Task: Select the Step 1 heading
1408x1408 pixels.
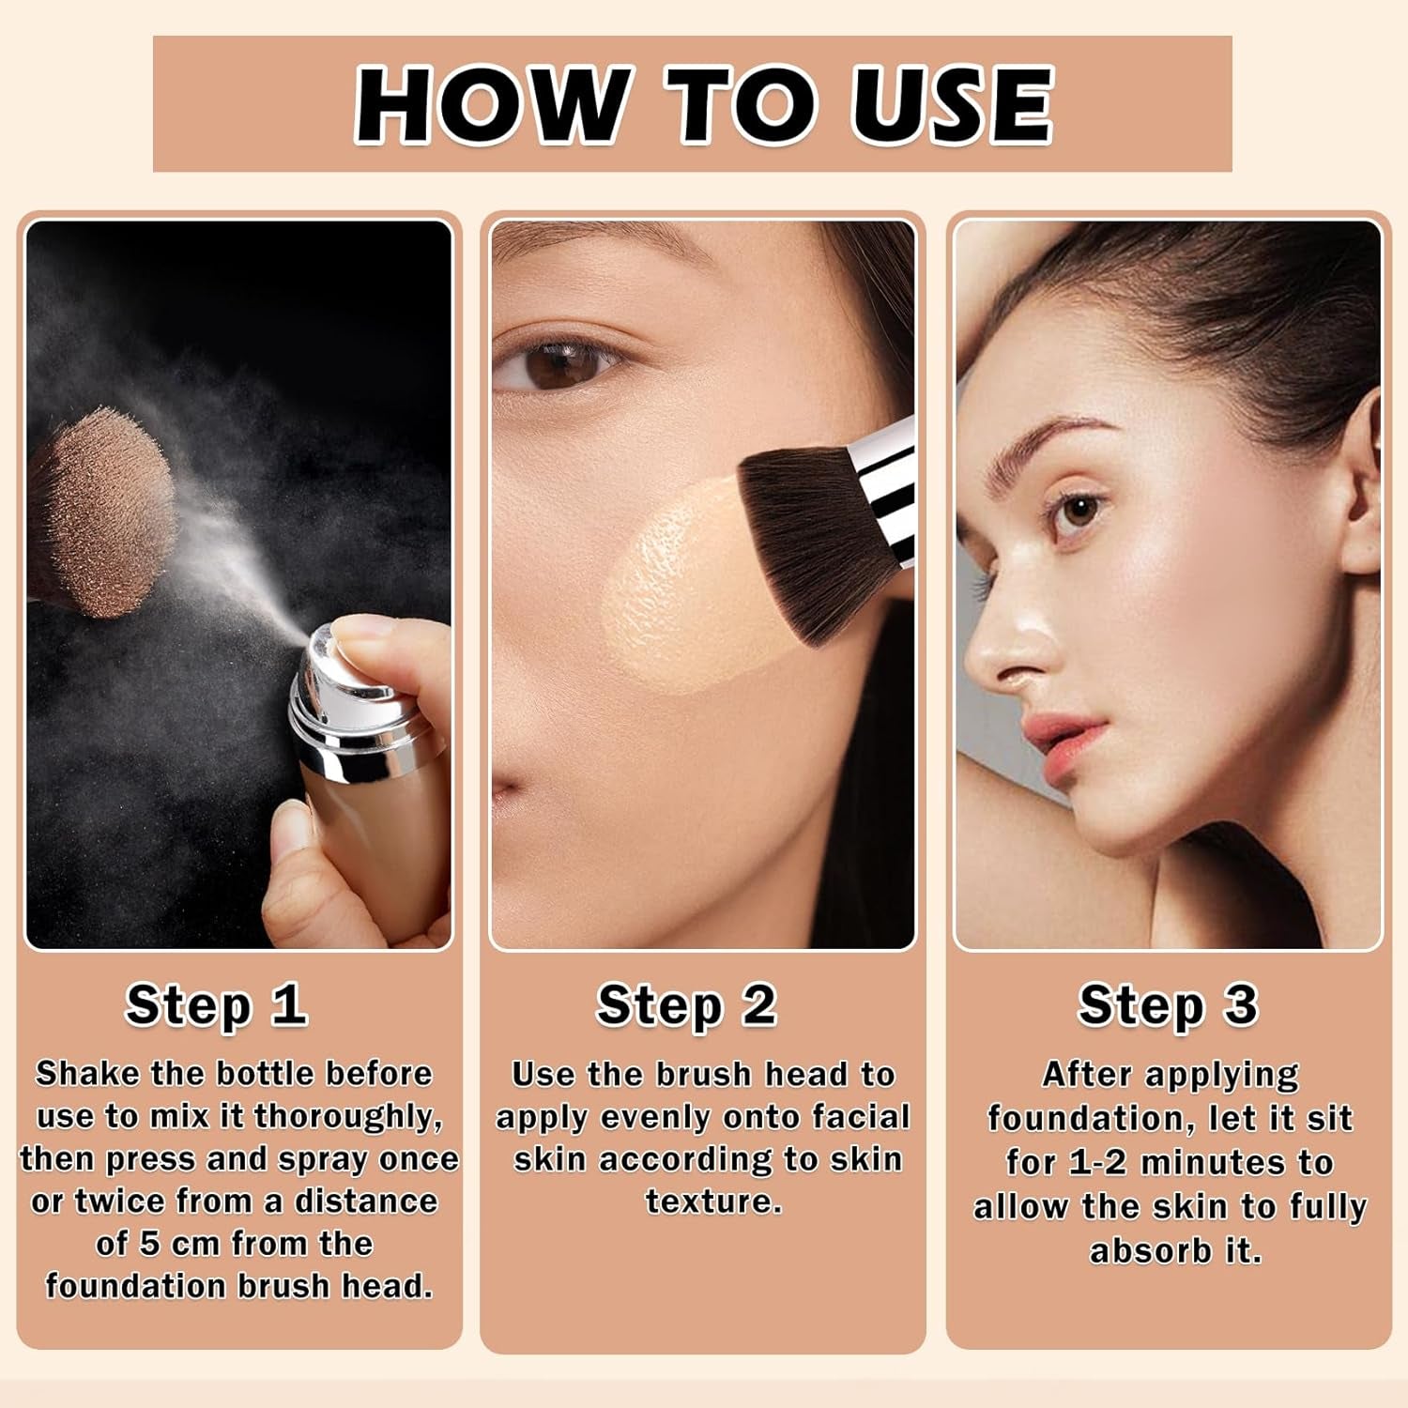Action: [217, 1005]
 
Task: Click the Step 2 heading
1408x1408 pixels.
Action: [686, 1005]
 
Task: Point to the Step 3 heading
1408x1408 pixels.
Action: [1167, 1005]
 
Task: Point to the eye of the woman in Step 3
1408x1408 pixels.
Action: [1078, 512]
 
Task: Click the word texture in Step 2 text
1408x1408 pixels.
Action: [713, 1201]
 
